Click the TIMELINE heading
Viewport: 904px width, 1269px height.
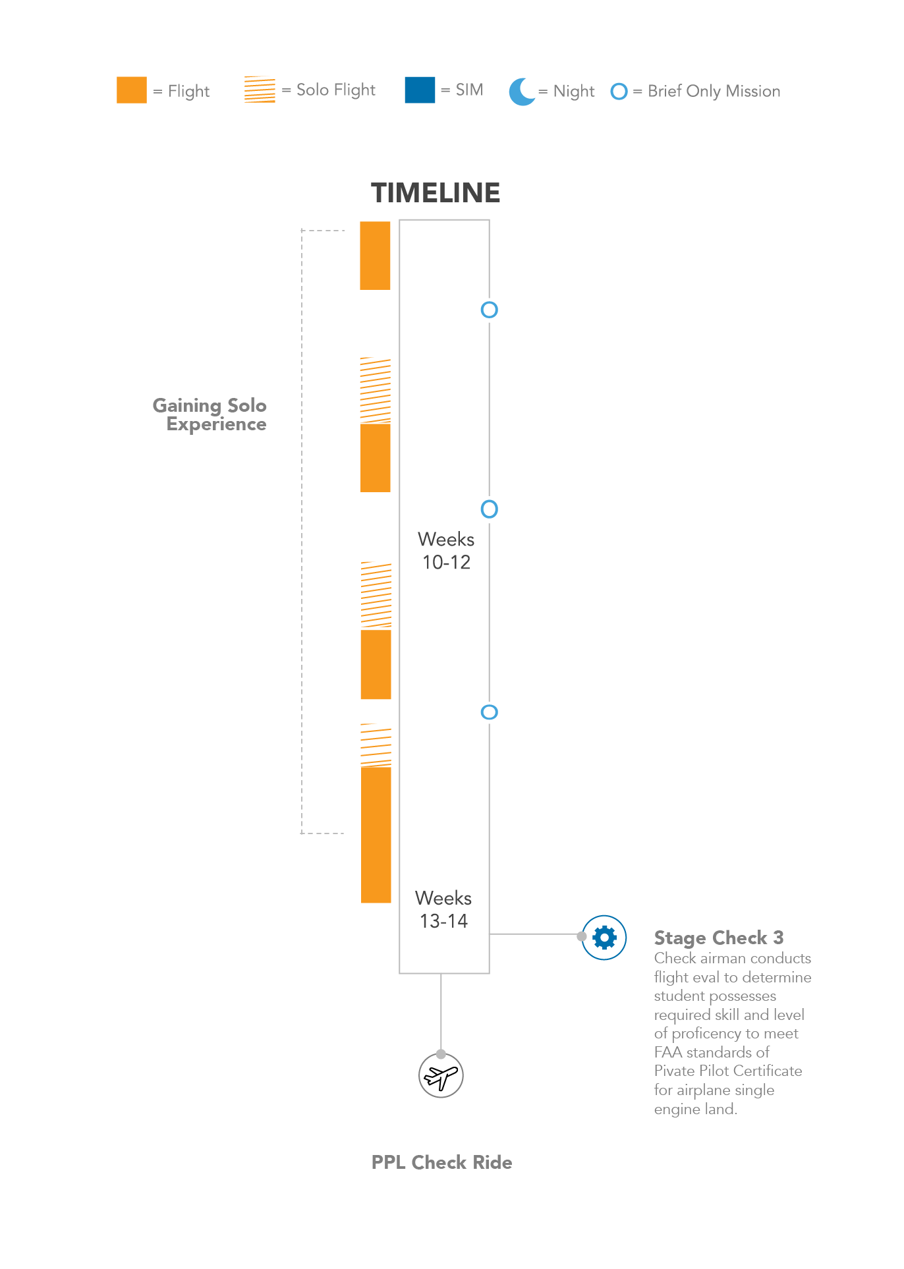pos(436,193)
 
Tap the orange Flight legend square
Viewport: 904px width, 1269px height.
pos(132,90)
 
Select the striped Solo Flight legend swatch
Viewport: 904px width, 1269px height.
pos(260,90)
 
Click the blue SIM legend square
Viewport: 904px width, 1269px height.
pos(420,90)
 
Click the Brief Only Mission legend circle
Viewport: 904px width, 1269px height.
pos(619,92)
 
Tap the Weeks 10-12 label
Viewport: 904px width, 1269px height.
pos(446,551)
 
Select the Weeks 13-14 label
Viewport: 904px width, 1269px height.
pos(443,909)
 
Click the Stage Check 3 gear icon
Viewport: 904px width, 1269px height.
pos(604,937)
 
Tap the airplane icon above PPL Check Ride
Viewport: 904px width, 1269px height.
pos(441,1076)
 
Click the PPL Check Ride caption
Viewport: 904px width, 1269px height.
pos(441,1162)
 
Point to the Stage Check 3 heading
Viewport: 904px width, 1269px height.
pos(719,938)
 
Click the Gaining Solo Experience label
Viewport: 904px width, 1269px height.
pos(210,414)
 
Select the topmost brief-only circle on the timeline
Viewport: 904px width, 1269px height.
pos(489,310)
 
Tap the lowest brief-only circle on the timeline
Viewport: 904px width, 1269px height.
pos(489,712)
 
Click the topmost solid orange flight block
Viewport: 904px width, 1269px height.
pos(375,256)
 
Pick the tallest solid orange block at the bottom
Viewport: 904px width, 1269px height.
pos(376,835)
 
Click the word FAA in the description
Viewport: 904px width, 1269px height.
pos(668,1052)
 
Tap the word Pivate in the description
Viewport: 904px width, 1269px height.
pos(673,1071)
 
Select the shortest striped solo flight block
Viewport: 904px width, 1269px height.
pos(376,745)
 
